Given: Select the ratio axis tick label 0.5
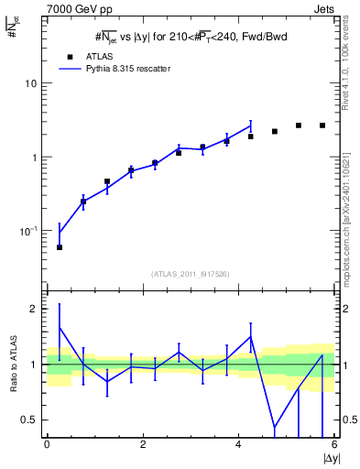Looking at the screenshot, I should click(31, 420).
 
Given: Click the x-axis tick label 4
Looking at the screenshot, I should click(239, 445).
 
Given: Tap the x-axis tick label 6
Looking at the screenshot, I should click(334, 445).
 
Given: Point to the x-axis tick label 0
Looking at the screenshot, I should click(47, 445).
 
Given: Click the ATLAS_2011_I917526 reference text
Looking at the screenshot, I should click(191, 274).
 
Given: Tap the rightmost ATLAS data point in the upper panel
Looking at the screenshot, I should click(322, 125).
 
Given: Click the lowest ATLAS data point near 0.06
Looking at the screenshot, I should click(60, 247).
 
